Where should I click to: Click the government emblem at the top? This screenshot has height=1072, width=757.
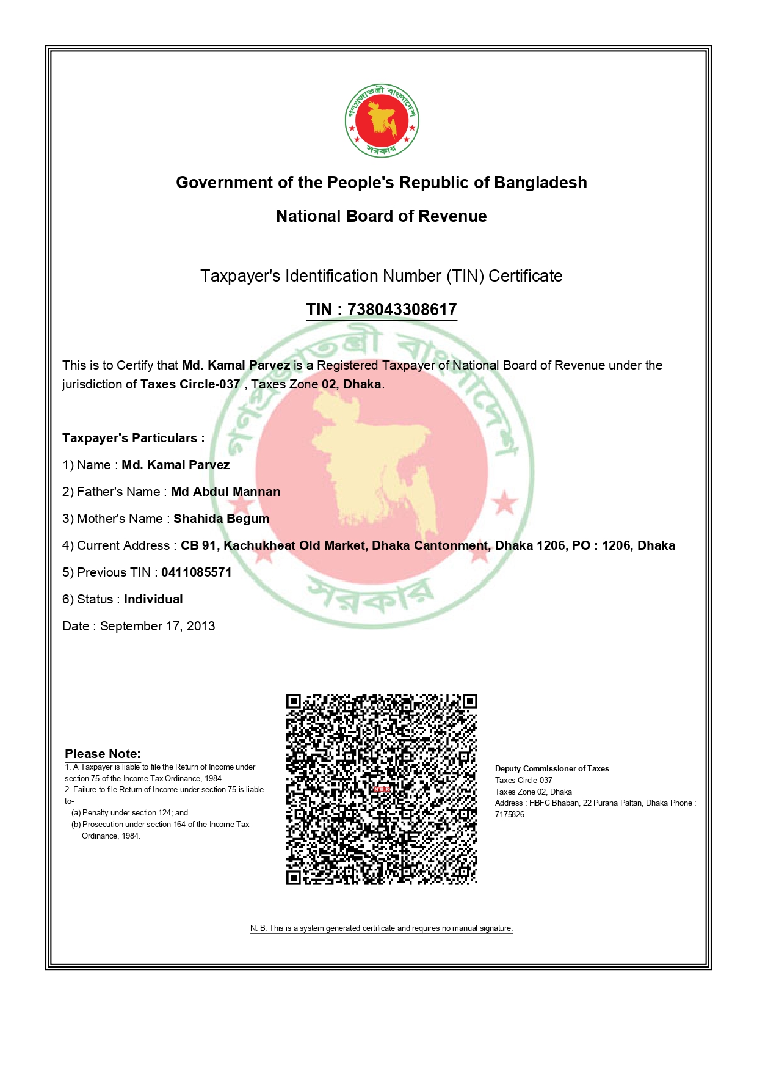pos(382,120)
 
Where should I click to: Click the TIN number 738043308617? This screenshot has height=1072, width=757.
pos(402,310)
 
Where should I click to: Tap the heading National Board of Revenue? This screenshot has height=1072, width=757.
pos(382,216)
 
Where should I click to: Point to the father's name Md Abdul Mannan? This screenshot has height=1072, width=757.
pos(225,492)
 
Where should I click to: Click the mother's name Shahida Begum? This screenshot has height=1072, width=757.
pos(221,519)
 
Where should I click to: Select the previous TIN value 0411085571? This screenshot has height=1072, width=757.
pos(196,572)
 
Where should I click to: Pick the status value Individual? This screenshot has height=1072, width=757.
pos(153,599)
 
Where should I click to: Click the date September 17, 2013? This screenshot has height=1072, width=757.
pos(158,626)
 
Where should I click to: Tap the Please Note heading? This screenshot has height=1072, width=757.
pos(103,754)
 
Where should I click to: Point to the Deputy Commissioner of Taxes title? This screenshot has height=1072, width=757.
pos(552,769)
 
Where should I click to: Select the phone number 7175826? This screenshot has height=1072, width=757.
pos(510,815)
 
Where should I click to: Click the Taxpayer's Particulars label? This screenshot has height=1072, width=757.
pos(133,438)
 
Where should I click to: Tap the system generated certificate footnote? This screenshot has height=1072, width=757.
pos(382,928)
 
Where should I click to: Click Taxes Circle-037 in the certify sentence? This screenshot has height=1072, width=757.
pos(190,384)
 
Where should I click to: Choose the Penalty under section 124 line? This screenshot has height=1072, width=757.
pos(129,813)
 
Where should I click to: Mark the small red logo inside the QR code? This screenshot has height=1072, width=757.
pos(382,789)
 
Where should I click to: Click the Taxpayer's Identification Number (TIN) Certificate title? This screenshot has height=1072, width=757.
pos(382,276)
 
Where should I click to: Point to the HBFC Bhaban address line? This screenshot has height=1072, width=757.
pos(595,803)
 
